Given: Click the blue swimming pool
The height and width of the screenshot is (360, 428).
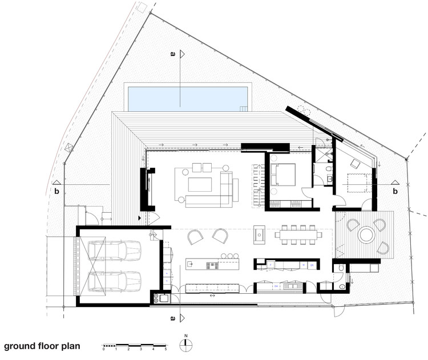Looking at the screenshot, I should click(187, 97).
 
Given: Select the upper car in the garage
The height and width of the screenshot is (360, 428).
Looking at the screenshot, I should click(114, 249).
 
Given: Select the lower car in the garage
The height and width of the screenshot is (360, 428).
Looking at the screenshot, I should click(114, 281).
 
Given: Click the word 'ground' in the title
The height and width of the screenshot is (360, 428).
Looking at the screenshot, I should click(21, 346).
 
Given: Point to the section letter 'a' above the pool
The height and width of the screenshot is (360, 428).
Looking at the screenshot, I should click(172, 54).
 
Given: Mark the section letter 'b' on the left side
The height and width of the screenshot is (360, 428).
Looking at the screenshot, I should click(56, 191).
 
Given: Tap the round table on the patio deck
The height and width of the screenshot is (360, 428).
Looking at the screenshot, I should click(365, 234).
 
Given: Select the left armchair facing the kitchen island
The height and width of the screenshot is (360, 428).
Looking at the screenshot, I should click(195, 236).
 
